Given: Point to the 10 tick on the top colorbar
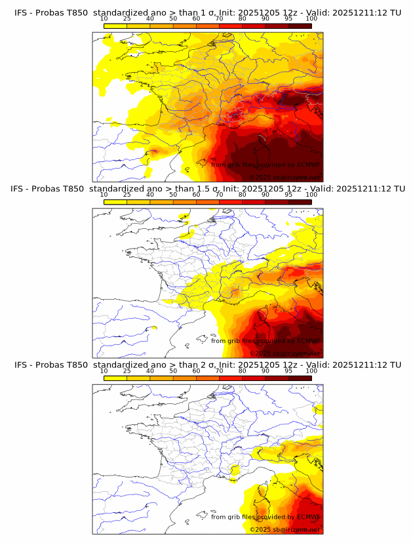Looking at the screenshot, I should (x=104, y=19).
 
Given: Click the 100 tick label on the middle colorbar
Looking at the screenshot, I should (x=311, y=195).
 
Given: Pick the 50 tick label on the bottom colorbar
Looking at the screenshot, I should (x=173, y=371).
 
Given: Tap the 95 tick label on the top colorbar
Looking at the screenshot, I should (x=288, y=19).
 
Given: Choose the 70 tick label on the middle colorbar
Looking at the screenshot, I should (x=219, y=195).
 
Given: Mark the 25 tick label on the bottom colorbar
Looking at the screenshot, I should (x=127, y=371).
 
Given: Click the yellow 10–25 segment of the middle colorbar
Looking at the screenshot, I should (x=115, y=202).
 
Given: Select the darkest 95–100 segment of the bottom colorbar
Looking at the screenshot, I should (x=300, y=378).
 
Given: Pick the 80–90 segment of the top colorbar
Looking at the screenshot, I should (x=254, y=26).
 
